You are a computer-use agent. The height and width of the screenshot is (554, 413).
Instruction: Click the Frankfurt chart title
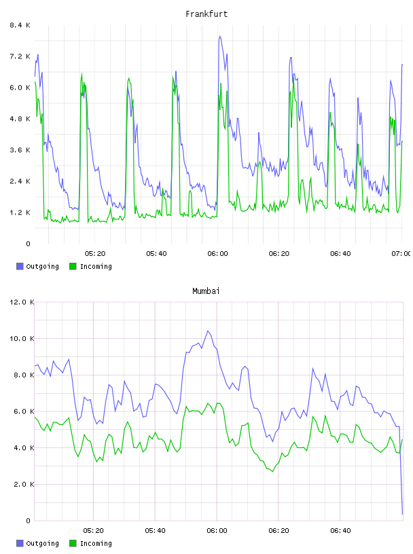pyautogui.click(x=206, y=14)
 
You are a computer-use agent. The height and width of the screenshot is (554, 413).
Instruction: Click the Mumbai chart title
pyautogui.click(x=206, y=291)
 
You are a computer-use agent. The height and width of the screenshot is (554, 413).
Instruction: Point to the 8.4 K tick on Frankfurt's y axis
pyautogui.click(x=20, y=25)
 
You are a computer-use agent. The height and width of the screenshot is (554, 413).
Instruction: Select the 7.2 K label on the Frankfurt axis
pyautogui.click(x=20, y=56)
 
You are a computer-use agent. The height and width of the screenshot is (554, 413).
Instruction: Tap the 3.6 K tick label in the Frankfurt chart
pyautogui.click(x=20, y=150)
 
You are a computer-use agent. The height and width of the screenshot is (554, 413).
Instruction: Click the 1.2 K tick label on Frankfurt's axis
pyautogui.click(x=20, y=213)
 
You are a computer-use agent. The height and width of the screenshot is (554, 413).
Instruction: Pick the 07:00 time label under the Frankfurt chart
pyautogui.click(x=401, y=253)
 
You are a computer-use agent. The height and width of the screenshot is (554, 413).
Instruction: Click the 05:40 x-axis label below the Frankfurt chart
pyautogui.click(x=156, y=253)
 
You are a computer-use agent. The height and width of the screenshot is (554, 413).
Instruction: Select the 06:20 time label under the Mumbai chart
pyautogui.click(x=279, y=530)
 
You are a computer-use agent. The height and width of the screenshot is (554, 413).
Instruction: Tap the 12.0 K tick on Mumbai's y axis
pyautogui.click(x=22, y=302)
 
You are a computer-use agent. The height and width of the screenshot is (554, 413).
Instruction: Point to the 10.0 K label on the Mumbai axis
pyautogui.click(x=22, y=339)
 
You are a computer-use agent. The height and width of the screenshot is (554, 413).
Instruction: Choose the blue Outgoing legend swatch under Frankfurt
pyautogui.click(x=20, y=266)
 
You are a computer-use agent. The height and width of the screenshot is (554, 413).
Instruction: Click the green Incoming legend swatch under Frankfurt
pyautogui.click(x=73, y=266)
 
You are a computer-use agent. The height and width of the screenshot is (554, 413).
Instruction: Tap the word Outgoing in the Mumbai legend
pyautogui.click(x=42, y=543)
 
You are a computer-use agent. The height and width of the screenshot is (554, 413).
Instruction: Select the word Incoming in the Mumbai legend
pyautogui.click(x=96, y=543)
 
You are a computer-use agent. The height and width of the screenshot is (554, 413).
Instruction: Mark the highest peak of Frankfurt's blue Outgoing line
pyautogui.click(x=219, y=36)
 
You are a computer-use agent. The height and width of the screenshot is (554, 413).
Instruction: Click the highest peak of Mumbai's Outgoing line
pyautogui.click(x=208, y=331)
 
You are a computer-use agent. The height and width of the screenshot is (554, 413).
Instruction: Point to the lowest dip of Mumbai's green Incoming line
pyautogui.click(x=272, y=471)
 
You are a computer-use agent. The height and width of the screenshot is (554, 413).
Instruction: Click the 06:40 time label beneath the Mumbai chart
pyautogui.click(x=340, y=530)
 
